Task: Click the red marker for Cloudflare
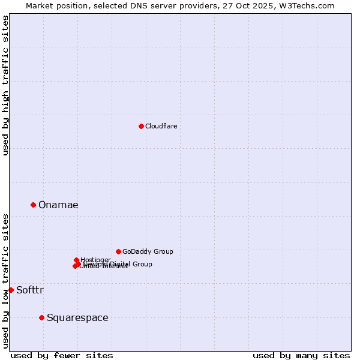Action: click(x=141, y=126)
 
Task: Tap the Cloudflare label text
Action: click(x=161, y=126)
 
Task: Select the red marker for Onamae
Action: click(x=33, y=205)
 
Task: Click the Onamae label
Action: click(x=58, y=205)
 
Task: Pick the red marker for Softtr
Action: click(x=11, y=290)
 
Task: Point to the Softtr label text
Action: click(x=30, y=290)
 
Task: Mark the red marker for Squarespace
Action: click(x=41, y=317)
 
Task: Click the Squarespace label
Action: click(x=77, y=318)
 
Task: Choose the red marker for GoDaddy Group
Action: click(x=118, y=251)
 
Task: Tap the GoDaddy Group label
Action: click(x=148, y=252)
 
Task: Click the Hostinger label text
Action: click(x=95, y=260)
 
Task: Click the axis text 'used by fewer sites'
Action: click(x=62, y=355)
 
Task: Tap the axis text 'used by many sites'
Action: click(x=301, y=355)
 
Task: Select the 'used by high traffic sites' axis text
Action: click(x=5, y=86)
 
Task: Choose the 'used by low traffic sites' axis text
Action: click(x=5, y=280)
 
